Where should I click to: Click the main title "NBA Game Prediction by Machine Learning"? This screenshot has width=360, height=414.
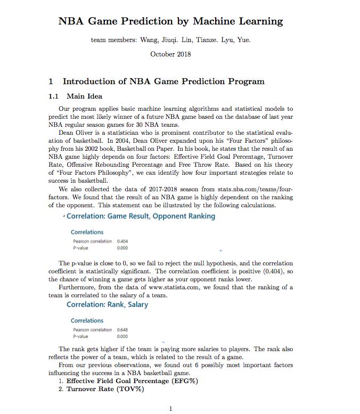(x=170, y=22)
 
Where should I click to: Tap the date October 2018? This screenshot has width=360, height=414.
(x=170, y=54)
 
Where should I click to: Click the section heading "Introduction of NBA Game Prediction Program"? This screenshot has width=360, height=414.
(x=163, y=82)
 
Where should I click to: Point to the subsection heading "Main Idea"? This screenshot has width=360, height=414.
(x=84, y=96)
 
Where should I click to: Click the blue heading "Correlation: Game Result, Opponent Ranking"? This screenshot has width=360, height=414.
(x=141, y=216)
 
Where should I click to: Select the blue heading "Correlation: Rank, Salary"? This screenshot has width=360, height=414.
(x=108, y=305)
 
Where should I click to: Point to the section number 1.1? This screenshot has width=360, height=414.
(x=54, y=96)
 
